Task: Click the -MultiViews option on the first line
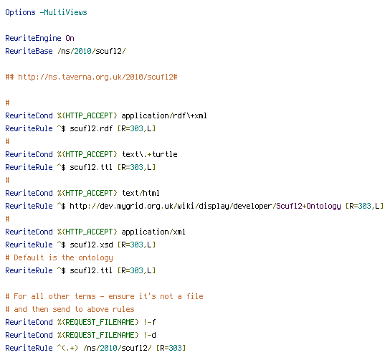63,12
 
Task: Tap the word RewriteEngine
33,38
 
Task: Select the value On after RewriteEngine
70,38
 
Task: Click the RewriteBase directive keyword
29,51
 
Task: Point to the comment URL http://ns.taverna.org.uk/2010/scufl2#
97,77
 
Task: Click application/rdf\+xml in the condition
164,115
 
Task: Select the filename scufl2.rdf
91,128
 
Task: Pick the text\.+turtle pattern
150,154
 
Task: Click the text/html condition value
141,193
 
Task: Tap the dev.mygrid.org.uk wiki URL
205,206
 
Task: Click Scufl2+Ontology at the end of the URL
309,206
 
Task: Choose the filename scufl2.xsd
91,245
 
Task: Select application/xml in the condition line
153,232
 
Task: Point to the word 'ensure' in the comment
121,296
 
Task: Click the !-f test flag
150,322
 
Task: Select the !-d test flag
150,335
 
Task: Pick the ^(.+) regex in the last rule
67,348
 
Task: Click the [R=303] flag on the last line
171,348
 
